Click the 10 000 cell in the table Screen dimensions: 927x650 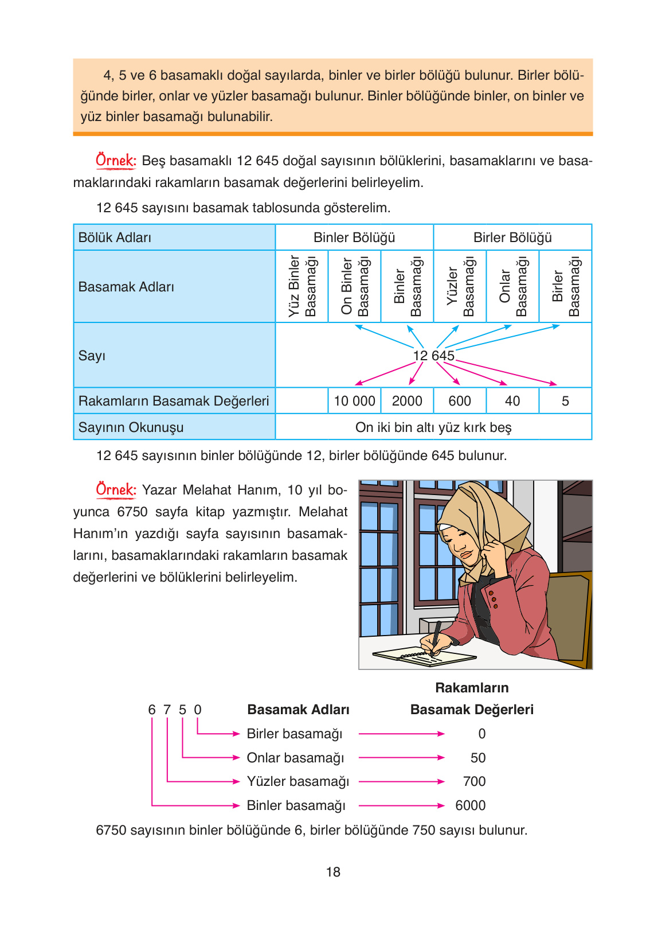(x=354, y=401)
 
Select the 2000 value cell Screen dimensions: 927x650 (x=407, y=401)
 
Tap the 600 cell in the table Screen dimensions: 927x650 (x=460, y=401)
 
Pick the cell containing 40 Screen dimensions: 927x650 (x=512, y=401)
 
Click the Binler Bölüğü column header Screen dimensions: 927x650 (x=354, y=237)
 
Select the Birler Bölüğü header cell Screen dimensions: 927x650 (x=512, y=237)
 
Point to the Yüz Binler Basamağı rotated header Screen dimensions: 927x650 (x=302, y=286)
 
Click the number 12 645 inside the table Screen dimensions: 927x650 (x=433, y=356)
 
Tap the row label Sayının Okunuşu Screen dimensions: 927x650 (x=131, y=427)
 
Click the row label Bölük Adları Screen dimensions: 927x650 (x=115, y=237)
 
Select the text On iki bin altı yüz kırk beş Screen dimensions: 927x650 (x=433, y=427)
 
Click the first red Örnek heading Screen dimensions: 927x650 (x=116, y=161)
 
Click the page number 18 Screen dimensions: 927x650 (x=333, y=872)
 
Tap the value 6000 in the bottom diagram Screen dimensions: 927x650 (x=470, y=805)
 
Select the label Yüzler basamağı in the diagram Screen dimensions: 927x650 (x=297, y=781)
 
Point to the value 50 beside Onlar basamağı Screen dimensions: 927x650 (x=477, y=758)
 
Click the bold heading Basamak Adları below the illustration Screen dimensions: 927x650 (x=298, y=710)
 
